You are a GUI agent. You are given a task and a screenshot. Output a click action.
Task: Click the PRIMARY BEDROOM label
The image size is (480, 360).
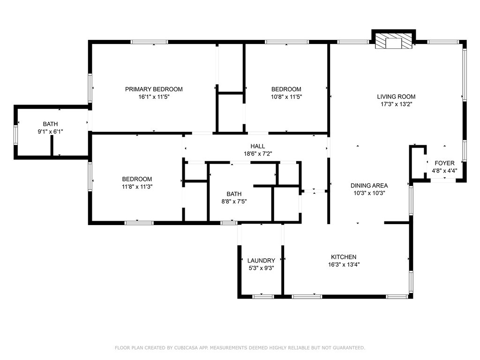[154, 90]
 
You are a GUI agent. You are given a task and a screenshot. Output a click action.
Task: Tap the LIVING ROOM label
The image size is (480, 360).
[396, 97]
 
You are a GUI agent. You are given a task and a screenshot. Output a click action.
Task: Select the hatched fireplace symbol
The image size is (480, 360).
[393, 41]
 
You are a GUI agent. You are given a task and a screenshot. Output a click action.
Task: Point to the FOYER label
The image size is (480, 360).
[444, 163]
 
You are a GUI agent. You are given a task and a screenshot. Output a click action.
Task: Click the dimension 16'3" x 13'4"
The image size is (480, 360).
[344, 265]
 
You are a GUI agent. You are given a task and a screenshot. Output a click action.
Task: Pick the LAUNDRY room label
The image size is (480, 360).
[261, 261]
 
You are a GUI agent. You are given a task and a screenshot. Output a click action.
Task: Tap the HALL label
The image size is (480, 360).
[258, 146]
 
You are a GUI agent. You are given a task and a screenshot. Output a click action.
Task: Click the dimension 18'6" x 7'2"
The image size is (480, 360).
[258, 154]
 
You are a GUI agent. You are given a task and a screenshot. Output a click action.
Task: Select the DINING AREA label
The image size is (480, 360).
[369, 186]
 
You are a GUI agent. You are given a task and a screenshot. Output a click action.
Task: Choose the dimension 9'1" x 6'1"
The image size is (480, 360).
[50, 132]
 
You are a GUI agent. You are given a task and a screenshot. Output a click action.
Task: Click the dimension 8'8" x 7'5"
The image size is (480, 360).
[234, 202]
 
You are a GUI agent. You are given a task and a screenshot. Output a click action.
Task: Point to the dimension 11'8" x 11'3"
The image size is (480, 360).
[137, 187]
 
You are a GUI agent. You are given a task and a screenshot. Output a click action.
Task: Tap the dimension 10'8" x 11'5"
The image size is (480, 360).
[286, 97]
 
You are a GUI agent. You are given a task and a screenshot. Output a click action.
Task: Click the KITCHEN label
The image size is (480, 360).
[344, 257]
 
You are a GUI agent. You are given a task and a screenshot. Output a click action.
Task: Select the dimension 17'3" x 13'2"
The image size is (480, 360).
[397, 105]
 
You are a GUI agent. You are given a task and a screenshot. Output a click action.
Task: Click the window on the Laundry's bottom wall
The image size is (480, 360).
[263, 296]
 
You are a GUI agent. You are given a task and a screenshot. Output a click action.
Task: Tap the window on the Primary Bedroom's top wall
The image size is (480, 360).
[150, 42]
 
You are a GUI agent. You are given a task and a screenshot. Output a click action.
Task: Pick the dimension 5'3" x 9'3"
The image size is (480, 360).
[261, 268]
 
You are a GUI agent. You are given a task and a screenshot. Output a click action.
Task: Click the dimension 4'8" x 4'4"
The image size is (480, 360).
[444, 171]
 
